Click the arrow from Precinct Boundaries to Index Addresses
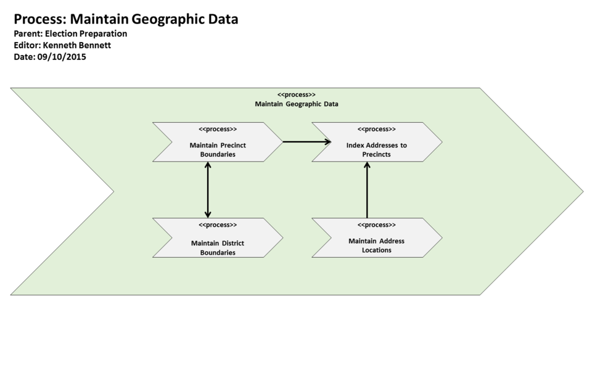306,142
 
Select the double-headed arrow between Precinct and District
208,190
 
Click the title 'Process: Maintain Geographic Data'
126,19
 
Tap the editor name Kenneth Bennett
77,45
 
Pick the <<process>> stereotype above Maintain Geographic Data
297,94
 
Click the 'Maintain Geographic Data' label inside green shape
297,104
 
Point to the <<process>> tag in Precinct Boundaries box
218,130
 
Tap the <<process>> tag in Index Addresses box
377,130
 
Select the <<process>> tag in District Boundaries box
218,225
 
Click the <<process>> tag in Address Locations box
377,225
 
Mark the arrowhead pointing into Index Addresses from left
327,142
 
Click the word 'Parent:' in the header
28,34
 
